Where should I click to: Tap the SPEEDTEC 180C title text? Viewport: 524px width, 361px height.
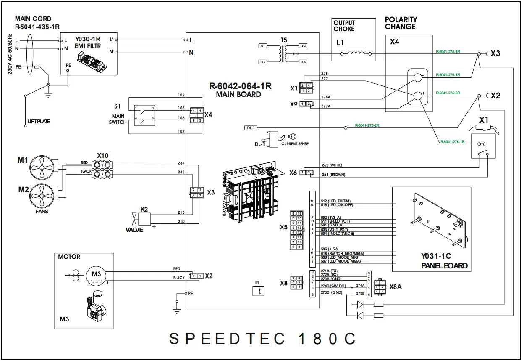click(x=262, y=339)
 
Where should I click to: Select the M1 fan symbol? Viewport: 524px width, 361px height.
click(x=42, y=167)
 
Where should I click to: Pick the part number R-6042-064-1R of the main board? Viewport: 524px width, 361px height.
click(x=240, y=86)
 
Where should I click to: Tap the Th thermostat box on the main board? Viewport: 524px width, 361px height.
click(x=258, y=291)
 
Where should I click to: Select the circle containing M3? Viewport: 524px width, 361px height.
click(x=97, y=274)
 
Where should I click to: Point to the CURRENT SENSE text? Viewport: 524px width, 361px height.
click(x=295, y=144)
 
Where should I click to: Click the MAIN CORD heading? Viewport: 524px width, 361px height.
click(x=33, y=19)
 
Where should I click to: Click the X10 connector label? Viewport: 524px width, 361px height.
click(x=103, y=156)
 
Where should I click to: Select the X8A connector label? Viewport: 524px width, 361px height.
click(x=396, y=287)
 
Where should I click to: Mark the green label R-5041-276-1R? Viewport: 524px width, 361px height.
click(x=452, y=142)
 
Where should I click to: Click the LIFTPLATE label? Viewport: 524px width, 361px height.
click(x=39, y=122)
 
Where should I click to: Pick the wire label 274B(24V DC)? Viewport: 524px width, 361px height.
click(x=333, y=286)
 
